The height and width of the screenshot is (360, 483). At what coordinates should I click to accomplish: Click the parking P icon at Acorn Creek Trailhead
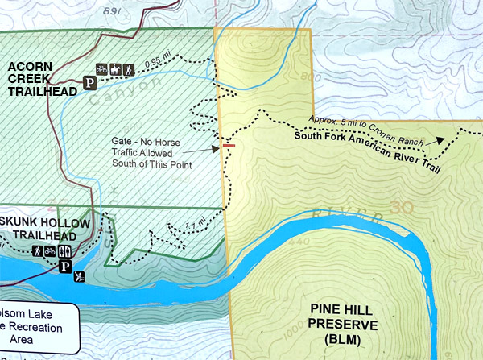pyautogui.click(x=90, y=81)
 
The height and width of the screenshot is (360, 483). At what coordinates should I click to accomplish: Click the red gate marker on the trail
pyautogui.click(x=229, y=146)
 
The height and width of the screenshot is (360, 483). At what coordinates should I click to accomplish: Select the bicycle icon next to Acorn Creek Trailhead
pyautogui.click(x=101, y=70)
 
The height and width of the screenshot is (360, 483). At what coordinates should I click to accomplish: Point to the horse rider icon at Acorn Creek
pyautogui.click(x=114, y=70)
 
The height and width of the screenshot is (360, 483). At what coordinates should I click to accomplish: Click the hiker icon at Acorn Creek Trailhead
pyautogui.click(x=127, y=70)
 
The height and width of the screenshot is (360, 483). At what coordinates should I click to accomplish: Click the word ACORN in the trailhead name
pyautogui.click(x=30, y=64)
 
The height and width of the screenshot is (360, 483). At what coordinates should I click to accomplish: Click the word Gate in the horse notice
pyautogui.click(x=125, y=140)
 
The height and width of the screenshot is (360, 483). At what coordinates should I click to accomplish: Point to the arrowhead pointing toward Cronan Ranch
pyautogui.click(x=440, y=139)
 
